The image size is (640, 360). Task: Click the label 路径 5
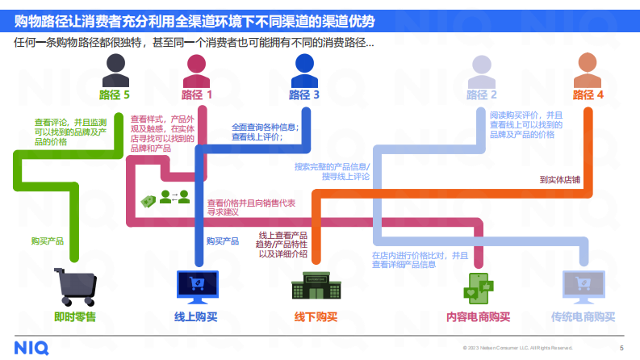[x=115, y=95]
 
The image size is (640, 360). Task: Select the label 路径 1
[x=197, y=95]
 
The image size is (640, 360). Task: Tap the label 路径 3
[x=304, y=95]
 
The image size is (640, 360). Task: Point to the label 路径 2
[x=482, y=95]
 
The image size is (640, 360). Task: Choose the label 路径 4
[x=588, y=95]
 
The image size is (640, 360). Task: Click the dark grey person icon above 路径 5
[x=115, y=72]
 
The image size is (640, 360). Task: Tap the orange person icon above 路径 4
[x=588, y=71]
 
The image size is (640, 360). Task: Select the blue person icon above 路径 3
[x=304, y=71]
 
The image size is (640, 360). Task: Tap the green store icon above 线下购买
[x=316, y=287]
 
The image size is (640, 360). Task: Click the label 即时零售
[x=74, y=317]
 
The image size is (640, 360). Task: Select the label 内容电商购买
[x=479, y=317]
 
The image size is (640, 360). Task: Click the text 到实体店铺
[x=560, y=179]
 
